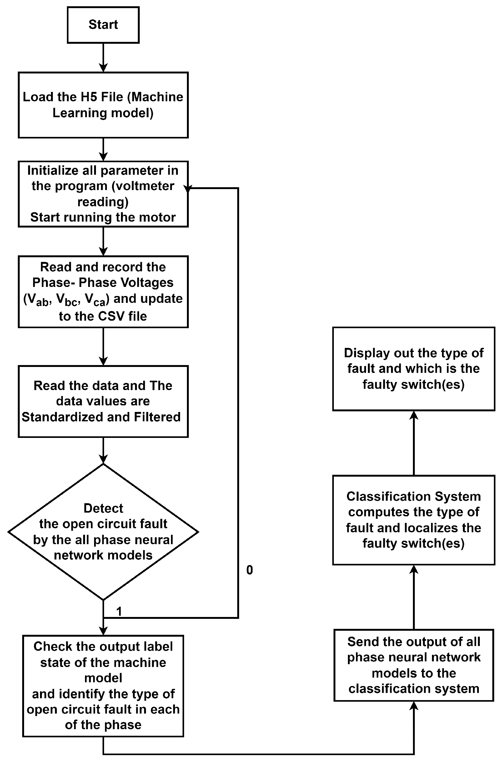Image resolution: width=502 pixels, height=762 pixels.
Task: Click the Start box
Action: [103, 25]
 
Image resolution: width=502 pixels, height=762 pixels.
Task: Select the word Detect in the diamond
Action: [103, 508]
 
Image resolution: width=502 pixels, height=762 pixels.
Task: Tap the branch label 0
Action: [250, 570]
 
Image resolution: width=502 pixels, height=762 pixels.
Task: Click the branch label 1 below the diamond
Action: [119, 612]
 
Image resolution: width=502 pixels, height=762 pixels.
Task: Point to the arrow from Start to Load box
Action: [103, 58]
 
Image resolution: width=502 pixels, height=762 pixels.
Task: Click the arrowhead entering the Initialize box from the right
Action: [188, 189]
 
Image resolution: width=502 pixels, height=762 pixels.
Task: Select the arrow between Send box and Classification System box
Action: [414, 597]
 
